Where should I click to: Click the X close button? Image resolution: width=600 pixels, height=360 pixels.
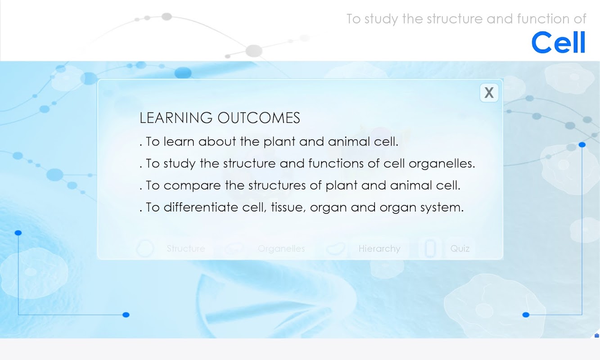489,93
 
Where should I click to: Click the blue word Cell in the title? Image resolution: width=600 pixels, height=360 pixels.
558,42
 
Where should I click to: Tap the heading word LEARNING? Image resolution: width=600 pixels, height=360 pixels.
176,118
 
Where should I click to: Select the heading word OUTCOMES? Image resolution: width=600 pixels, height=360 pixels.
259,118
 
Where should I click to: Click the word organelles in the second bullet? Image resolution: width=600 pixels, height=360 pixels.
442,164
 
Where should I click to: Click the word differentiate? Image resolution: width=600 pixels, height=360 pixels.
201,207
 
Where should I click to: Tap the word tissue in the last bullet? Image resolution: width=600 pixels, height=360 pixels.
288,207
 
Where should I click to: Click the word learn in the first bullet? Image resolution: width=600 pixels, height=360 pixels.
179,141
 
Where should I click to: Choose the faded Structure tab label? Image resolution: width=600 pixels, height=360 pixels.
186,248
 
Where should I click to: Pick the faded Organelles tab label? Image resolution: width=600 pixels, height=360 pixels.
281,249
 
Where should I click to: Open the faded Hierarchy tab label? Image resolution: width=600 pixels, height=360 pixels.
379,249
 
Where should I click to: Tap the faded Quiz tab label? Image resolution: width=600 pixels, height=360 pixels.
460,249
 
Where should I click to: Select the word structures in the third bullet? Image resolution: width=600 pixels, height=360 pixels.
277,185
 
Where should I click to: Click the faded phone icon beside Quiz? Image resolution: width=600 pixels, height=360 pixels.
430,248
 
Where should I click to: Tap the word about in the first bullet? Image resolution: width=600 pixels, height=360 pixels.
217,141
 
